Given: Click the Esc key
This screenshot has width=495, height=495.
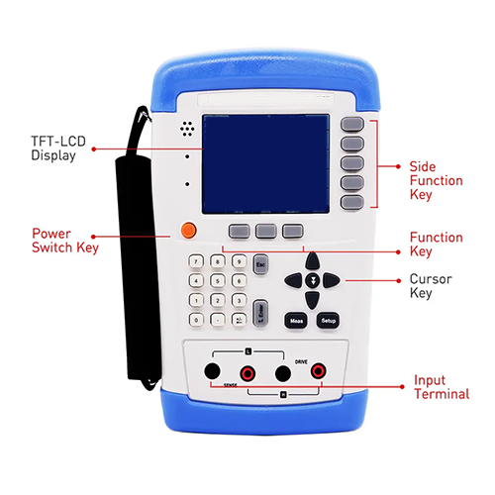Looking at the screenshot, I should [262, 265].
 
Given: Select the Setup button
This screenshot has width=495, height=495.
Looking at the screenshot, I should [328, 321].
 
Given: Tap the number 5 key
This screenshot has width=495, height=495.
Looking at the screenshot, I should [218, 281].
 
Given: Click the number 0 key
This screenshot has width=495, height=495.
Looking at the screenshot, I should [198, 320].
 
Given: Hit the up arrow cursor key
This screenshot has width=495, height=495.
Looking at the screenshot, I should [313, 262].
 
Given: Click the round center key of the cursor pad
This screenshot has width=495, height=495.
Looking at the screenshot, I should [313, 281].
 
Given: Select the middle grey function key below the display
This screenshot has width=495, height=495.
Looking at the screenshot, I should [264, 231].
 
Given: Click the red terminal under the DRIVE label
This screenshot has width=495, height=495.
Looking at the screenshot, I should [319, 372].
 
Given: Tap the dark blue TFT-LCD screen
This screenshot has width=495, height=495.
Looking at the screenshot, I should [265, 162].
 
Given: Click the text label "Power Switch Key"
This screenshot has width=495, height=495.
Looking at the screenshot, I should [64, 241].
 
